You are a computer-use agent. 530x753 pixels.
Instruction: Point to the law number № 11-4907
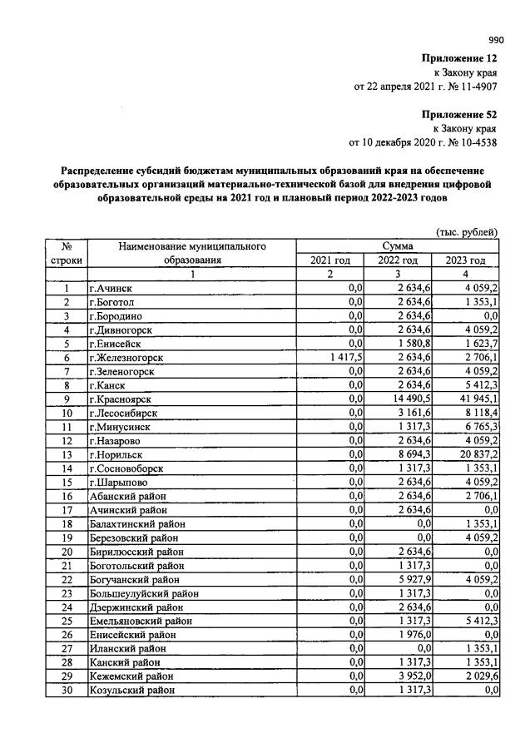(472, 85)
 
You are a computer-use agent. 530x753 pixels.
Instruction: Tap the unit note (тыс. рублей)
(466, 231)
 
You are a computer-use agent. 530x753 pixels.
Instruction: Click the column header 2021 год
(330, 260)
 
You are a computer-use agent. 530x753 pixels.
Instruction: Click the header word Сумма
(398, 246)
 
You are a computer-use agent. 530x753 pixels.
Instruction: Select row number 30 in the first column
(65, 690)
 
